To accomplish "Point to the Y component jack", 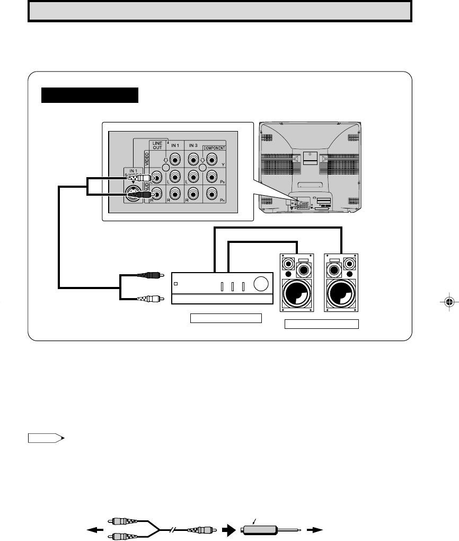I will (212, 159).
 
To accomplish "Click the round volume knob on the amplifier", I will (260, 285).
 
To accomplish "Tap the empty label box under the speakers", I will (322, 324).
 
